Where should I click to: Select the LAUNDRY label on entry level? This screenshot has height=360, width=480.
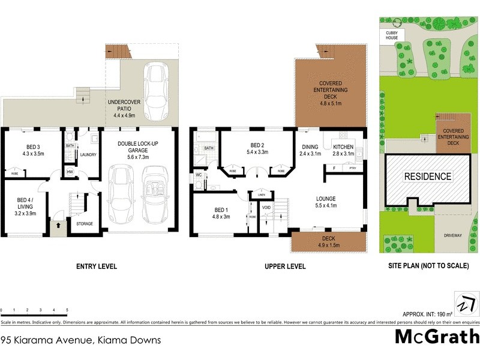click(x=88, y=154)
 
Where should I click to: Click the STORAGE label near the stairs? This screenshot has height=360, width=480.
click(x=84, y=224)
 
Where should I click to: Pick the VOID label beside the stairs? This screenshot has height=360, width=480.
click(x=266, y=208)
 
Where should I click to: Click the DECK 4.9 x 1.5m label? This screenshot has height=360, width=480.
click(x=328, y=242)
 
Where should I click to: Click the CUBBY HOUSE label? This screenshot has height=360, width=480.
click(x=392, y=35)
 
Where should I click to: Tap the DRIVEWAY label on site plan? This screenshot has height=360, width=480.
click(x=452, y=236)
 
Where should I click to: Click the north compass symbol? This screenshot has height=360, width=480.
click(x=463, y=302)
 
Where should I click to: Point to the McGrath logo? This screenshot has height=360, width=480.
click(x=437, y=336)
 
